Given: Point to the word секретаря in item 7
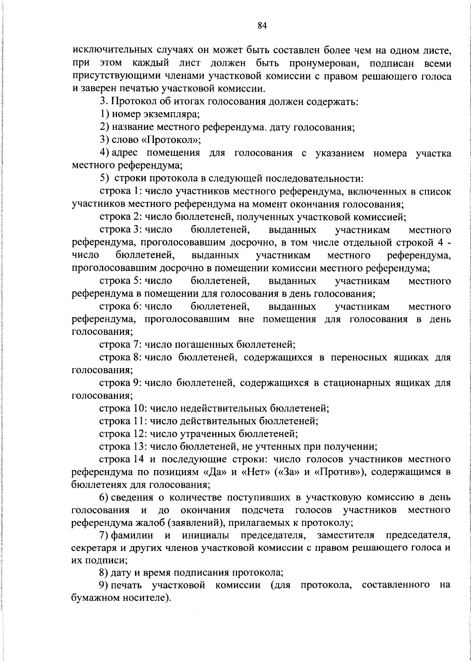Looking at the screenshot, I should [x=90, y=548].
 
